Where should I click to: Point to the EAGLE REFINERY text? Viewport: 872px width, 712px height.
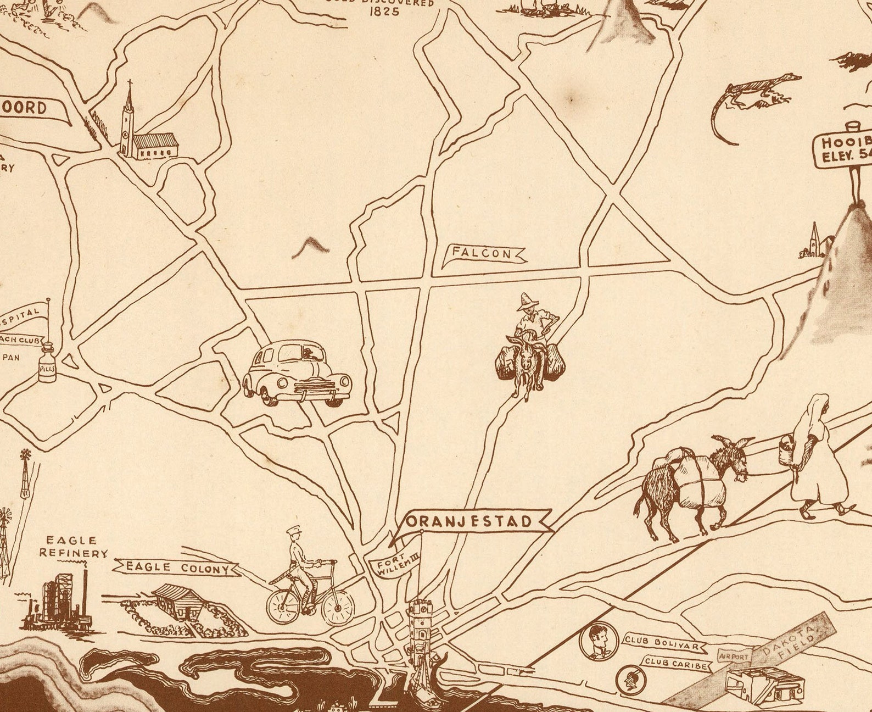click(72, 547)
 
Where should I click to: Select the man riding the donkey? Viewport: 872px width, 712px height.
click(528, 346)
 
